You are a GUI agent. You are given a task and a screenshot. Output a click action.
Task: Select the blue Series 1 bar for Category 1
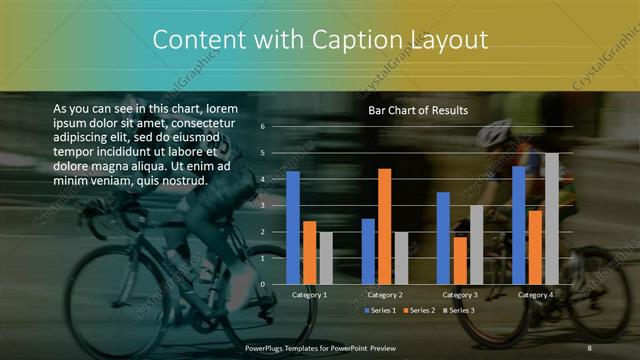pos(293,228)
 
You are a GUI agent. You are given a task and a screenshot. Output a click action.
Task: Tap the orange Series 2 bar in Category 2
pos(384,227)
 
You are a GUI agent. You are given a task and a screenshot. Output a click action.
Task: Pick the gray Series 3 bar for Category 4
pos(551,219)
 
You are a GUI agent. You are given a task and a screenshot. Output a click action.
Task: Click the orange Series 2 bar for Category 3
pos(460,260)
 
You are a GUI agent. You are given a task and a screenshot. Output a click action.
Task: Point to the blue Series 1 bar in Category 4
pos(519,225)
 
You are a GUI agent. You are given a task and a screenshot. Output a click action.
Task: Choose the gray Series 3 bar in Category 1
pos(325,258)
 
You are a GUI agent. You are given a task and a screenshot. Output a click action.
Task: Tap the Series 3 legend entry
pos(460,310)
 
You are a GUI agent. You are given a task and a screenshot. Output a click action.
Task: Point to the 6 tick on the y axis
pos(262,127)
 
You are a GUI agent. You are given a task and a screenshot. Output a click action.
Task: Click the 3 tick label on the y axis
pos(262,206)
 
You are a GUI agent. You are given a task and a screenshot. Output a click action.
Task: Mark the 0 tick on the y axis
pos(262,285)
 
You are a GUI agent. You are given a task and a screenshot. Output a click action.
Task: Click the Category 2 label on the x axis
pos(384,295)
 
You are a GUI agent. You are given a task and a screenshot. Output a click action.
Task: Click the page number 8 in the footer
pos(589,347)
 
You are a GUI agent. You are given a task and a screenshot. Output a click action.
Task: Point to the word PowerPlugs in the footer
pos(269,347)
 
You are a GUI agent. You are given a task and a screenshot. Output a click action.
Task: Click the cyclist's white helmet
pos(493,133)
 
